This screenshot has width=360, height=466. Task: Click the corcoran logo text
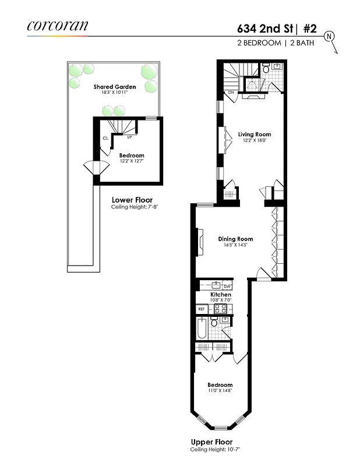coord(57,26)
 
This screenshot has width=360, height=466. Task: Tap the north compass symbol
coord(330,36)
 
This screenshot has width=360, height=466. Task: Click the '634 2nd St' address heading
coord(263,27)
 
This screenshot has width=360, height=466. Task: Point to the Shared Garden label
coord(115,87)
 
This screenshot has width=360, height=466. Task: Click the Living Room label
coord(255,134)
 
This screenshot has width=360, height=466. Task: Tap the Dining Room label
coord(235,239)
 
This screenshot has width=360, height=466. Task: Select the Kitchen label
coord(221,295)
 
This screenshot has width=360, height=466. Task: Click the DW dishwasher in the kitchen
coord(227,286)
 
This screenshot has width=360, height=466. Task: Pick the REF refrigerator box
coord(202,309)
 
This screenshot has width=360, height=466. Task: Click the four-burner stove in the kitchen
coord(220,309)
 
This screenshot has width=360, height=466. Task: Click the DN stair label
coord(231,92)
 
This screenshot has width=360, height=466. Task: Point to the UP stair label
coord(129,137)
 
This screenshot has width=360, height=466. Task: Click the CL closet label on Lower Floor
coord(105,139)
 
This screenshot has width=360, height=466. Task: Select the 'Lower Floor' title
coord(132,200)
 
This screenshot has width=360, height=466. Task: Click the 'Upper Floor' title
coord(212,442)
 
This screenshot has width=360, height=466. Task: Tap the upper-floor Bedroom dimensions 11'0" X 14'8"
coord(220,391)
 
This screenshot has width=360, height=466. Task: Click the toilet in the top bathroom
coord(266,69)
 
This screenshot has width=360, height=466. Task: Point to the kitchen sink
coord(216,285)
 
